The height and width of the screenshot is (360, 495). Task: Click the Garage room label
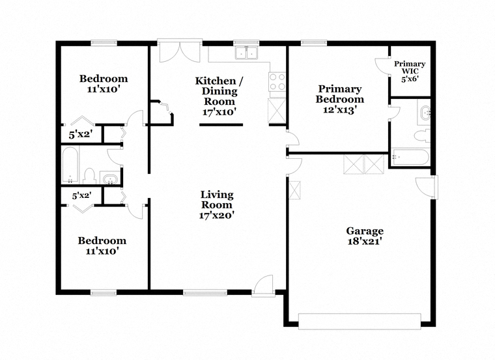[x=365, y=236]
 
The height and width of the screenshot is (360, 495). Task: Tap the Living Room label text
[x=217, y=205]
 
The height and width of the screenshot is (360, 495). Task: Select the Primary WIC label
[x=410, y=72]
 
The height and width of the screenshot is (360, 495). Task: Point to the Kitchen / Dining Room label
[x=219, y=96]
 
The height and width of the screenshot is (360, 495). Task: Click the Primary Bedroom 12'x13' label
[x=340, y=99]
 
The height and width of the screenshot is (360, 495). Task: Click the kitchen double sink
[x=246, y=52]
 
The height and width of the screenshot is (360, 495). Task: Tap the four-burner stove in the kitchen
[x=277, y=82]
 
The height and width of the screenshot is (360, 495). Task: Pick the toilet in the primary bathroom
[x=423, y=135]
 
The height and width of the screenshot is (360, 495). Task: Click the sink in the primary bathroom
[x=425, y=113]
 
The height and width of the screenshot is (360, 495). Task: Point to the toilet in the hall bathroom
[x=90, y=176]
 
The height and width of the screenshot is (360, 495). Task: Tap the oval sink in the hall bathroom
[x=110, y=178]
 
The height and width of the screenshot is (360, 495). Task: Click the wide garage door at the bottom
[x=360, y=321]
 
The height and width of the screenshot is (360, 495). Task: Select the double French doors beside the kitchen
[x=180, y=51]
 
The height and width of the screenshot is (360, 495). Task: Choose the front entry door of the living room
[x=263, y=286]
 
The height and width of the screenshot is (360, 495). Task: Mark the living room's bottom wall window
[x=205, y=292]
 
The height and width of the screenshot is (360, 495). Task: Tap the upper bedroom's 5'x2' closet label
[x=81, y=135]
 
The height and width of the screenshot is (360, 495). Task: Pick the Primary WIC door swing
[x=381, y=66]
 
